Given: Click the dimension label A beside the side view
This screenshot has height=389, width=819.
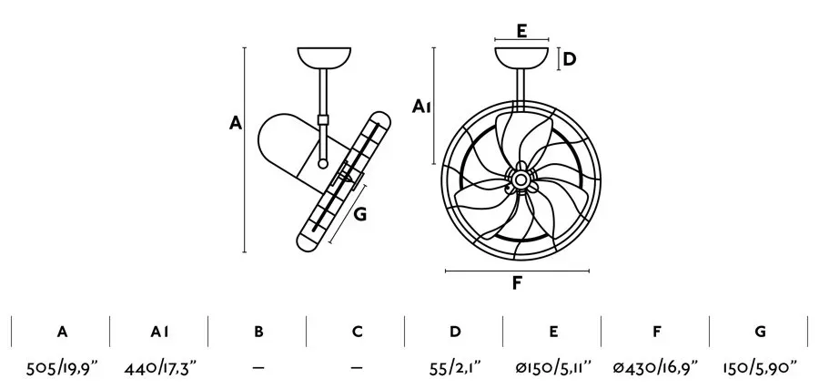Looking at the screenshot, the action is (236, 123).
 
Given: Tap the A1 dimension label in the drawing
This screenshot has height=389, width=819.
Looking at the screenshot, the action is (421, 107).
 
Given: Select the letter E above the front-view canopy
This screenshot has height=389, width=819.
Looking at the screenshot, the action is (521, 31).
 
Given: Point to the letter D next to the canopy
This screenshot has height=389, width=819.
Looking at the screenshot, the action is (570, 59).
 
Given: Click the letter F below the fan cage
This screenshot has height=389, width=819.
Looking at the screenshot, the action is (517, 282).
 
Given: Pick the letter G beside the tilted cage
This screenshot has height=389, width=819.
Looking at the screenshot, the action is (359, 214).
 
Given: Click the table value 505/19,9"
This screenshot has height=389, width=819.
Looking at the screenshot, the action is (62, 369).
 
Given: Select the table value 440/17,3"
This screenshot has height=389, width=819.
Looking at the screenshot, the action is (160, 369).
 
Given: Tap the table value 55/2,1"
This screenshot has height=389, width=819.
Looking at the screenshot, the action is (454, 369).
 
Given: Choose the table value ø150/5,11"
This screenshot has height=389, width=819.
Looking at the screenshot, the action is (552, 369).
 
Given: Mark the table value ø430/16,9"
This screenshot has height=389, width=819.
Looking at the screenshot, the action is (655, 369).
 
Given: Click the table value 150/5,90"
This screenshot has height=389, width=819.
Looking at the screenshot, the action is (760, 369).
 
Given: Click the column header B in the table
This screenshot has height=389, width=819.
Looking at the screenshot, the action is (258, 332).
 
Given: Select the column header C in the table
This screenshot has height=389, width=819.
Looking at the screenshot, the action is (358, 332).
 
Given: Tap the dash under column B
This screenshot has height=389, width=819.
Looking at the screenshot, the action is (258, 368).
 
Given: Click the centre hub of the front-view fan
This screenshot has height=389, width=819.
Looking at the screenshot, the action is (521, 179).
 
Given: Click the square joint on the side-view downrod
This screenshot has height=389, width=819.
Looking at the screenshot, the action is (323, 119).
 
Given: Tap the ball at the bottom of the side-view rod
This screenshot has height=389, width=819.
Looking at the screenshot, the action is (323, 164).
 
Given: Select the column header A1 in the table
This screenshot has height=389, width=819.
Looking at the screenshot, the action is (160, 332).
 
